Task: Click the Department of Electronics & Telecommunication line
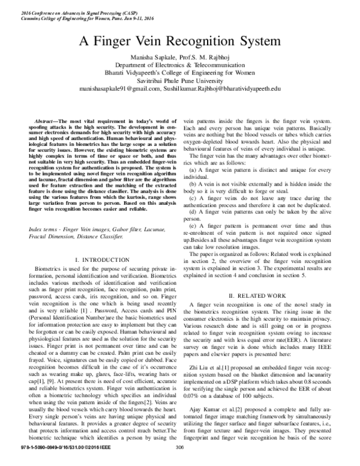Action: [180, 65]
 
